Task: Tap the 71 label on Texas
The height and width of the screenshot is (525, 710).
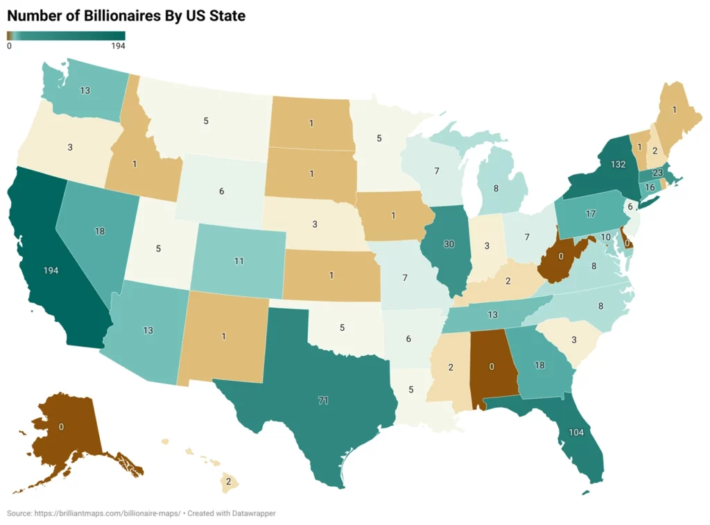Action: click(322, 401)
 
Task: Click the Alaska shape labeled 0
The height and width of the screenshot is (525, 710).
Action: click(61, 427)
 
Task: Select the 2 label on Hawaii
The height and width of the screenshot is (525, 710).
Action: click(227, 480)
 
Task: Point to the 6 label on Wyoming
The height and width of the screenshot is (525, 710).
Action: click(221, 191)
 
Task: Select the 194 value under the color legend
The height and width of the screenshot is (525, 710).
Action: click(118, 46)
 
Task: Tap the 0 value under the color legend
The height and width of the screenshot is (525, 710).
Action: click(9, 46)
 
